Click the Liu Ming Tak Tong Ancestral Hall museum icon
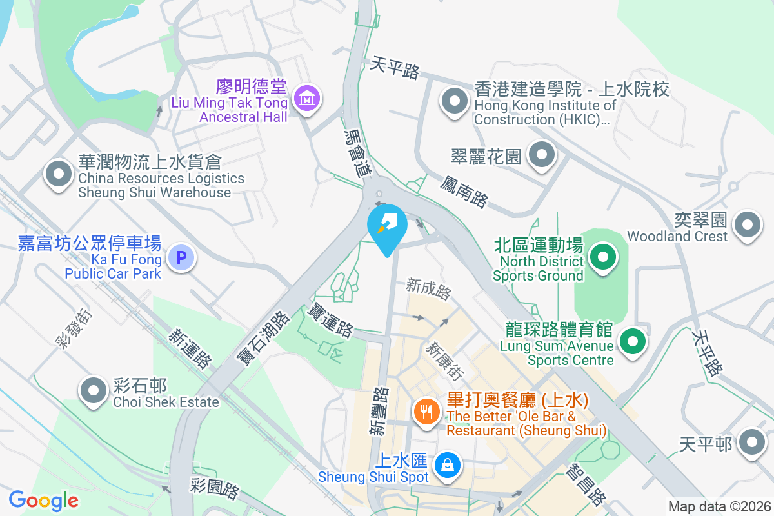(308, 98)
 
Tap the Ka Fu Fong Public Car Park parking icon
(181, 259)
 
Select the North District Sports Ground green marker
(603, 257)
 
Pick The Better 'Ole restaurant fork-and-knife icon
(426, 410)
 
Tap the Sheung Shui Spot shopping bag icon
(446, 463)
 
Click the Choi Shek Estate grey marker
(94, 390)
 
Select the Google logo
(44, 500)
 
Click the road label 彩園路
(215, 488)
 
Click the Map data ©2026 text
(719, 506)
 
